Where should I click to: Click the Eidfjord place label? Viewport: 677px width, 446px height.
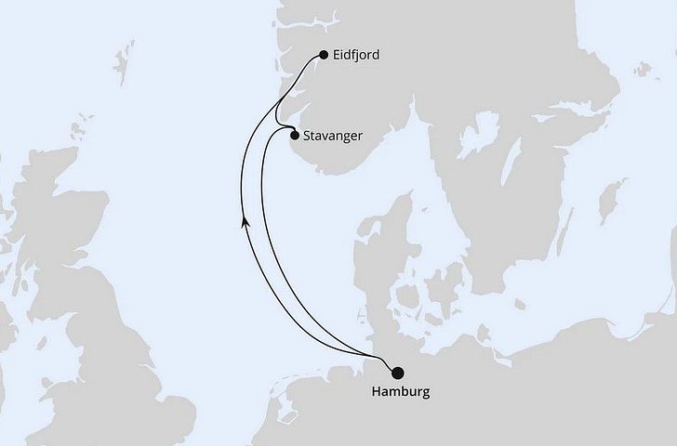pyautogui.click(x=359, y=55)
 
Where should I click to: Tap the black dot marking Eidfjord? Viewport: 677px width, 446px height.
pyautogui.click(x=323, y=55)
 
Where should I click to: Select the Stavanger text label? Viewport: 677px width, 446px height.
pyautogui.click(x=334, y=136)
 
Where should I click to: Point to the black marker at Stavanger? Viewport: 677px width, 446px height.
pyautogui.click(x=295, y=136)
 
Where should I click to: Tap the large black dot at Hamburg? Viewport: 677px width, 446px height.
pyautogui.click(x=398, y=373)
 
